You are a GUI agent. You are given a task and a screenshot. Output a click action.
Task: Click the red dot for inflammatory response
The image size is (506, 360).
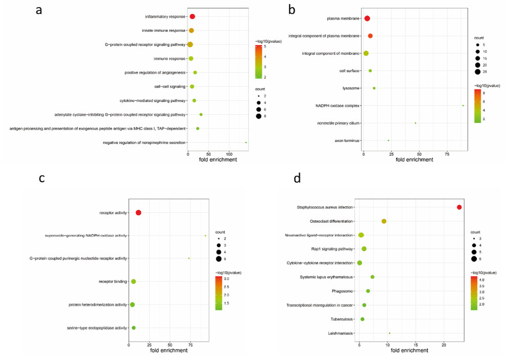pos(192,16)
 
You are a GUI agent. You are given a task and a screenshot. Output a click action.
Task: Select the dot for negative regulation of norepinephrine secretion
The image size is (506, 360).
pos(246,143)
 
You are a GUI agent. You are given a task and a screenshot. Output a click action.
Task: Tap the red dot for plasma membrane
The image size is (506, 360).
pos(367,18)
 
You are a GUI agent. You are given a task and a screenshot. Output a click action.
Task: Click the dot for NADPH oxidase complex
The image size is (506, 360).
pos(463,106)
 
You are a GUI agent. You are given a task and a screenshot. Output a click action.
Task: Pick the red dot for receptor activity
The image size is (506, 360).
pos(138,212)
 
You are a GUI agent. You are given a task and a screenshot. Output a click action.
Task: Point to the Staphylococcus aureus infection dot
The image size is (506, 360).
pos(459,207)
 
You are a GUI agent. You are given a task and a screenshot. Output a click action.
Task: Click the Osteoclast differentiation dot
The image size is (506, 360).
pos(384,221)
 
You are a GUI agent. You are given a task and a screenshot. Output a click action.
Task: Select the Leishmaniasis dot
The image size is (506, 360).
pos(390,333)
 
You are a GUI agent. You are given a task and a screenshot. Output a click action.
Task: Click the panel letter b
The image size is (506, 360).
pos(292,9)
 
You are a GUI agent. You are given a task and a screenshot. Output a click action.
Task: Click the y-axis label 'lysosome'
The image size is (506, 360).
pos(351,88)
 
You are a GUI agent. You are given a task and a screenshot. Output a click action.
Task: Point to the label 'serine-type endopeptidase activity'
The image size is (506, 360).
pos(97,328)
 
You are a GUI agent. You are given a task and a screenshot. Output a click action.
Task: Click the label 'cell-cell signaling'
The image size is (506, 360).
pos(166,87)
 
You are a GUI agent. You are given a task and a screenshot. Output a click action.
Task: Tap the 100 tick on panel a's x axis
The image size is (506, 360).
pos(229,154)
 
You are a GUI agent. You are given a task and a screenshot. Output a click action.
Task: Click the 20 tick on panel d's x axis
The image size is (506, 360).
pos(444,345)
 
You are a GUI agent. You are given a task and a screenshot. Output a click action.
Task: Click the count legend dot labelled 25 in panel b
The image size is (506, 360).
pos(477,72)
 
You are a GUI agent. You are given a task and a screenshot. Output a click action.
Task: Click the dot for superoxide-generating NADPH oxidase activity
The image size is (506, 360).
pos(206,236)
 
